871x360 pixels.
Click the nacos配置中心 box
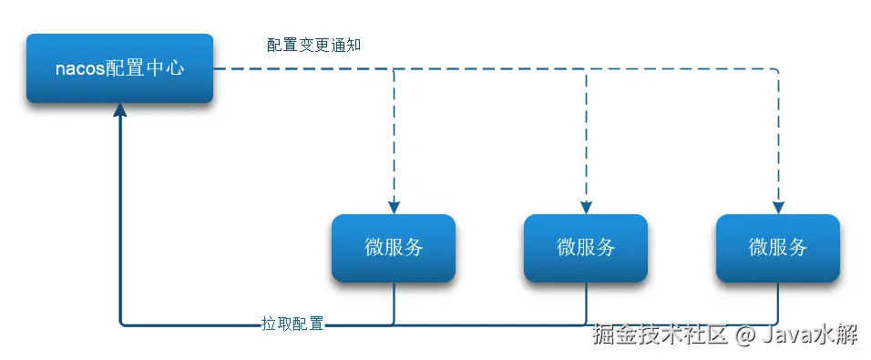[x=119, y=68]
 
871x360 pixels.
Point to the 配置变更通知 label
[x=314, y=46]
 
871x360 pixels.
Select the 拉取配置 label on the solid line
[x=292, y=324]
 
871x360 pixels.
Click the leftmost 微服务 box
[x=393, y=247]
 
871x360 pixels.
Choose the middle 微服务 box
[x=585, y=247]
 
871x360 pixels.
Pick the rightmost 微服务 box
[x=777, y=247]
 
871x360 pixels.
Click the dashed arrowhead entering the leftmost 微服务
[x=394, y=206]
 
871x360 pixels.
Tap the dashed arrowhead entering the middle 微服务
[x=586, y=206]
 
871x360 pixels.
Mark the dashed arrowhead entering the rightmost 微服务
[x=778, y=206]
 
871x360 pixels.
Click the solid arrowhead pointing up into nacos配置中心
[x=119, y=111]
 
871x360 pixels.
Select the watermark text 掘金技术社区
[x=660, y=336]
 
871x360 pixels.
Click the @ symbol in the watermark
[x=744, y=336]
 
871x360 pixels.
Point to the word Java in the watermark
[x=783, y=336]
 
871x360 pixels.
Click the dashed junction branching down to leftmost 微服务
[x=394, y=69]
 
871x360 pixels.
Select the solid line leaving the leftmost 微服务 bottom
[x=394, y=301]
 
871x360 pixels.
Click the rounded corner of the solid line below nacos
[x=122, y=322]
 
